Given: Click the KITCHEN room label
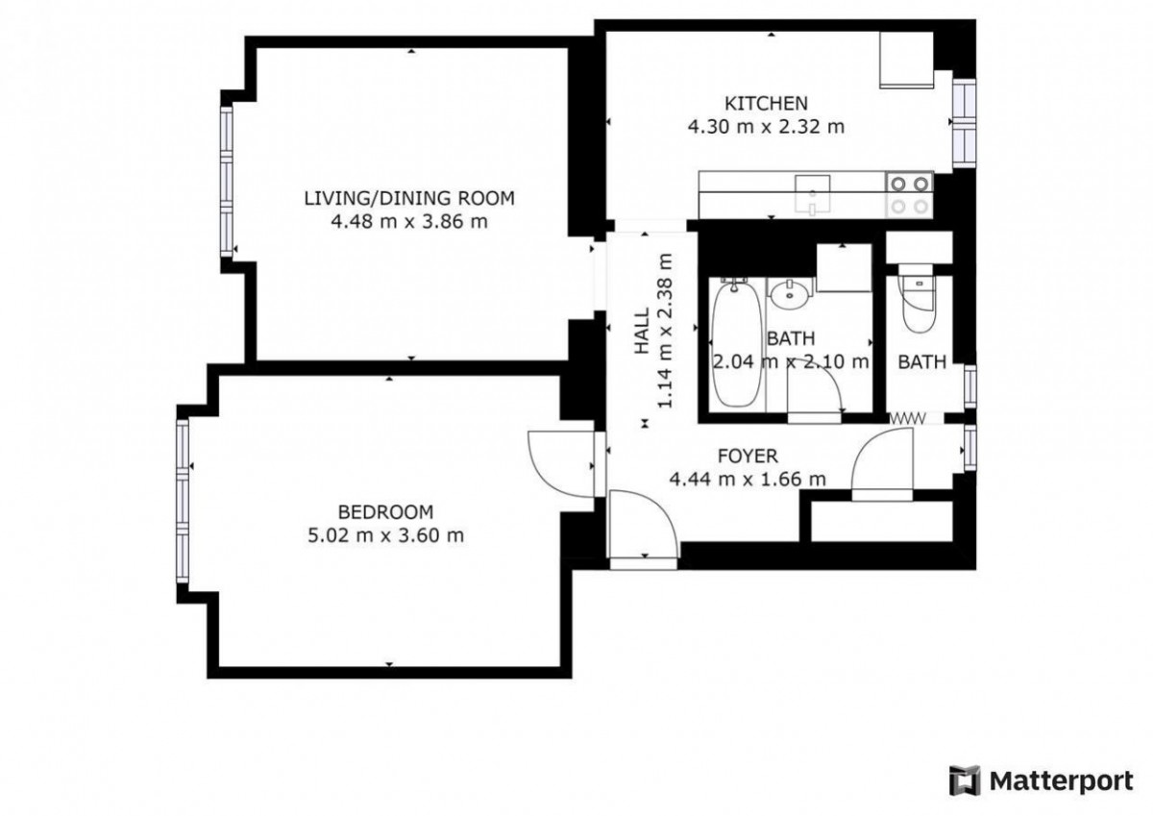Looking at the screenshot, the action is [x=766, y=104].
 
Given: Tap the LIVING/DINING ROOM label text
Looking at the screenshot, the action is [x=409, y=198].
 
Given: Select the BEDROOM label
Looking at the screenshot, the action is [x=385, y=512].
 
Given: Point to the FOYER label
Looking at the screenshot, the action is [x=748, y=457].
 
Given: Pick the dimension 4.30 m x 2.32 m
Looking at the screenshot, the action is [x=766, y=127].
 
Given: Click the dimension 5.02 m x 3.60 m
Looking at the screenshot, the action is [x=385, y=535].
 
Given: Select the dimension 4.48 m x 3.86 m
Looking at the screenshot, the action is [x=409, y=222].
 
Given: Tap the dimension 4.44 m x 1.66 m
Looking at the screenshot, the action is [x=748, y=480].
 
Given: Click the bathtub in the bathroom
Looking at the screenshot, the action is [x=736, y=345].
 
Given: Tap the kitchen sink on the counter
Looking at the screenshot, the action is [x=812, y=194].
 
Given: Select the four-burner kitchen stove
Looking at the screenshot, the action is [x=910, y=194].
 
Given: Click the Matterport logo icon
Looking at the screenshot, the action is [x=965, y=781].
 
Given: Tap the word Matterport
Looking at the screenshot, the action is [x=1062, y=781].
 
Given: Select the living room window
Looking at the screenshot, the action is [x=227, y=181].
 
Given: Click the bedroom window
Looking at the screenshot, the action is [x=183, y=501].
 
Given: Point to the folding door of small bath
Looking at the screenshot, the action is [x=907, y=417].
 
